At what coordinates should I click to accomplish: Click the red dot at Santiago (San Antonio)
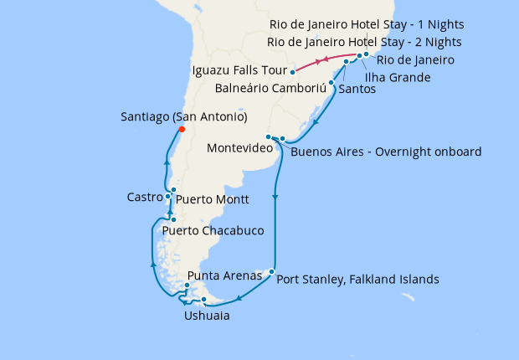click(182, 129)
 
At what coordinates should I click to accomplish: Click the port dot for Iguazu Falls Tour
click(292, 71)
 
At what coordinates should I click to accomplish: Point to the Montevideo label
click(241, 148)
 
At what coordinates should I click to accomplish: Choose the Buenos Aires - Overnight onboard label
click(386, 152)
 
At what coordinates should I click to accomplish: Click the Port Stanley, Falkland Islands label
click(357, 280)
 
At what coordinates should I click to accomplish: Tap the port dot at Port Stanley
click(271, 271)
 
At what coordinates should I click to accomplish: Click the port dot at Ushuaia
click(204, 301)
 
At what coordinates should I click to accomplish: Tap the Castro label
click(144, 198)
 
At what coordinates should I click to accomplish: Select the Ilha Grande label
click(398, 78)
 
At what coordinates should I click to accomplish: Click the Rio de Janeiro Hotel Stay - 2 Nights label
click(364, 42)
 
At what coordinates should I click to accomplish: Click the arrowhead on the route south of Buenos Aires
click(275, 198)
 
